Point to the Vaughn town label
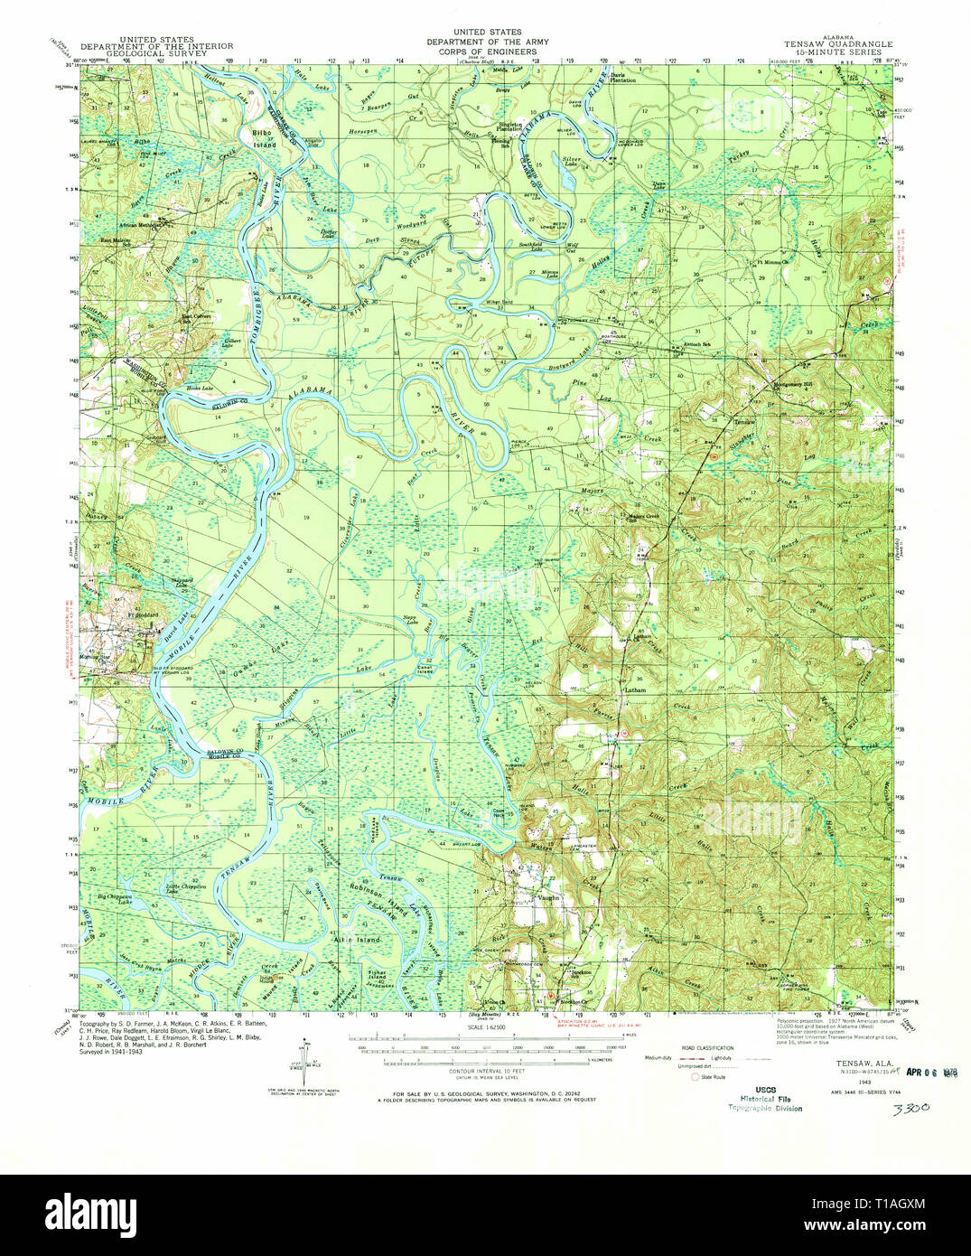[550, 898]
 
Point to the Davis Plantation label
[623, 78]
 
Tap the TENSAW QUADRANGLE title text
[838, 43]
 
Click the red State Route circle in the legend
[695, 1077]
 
